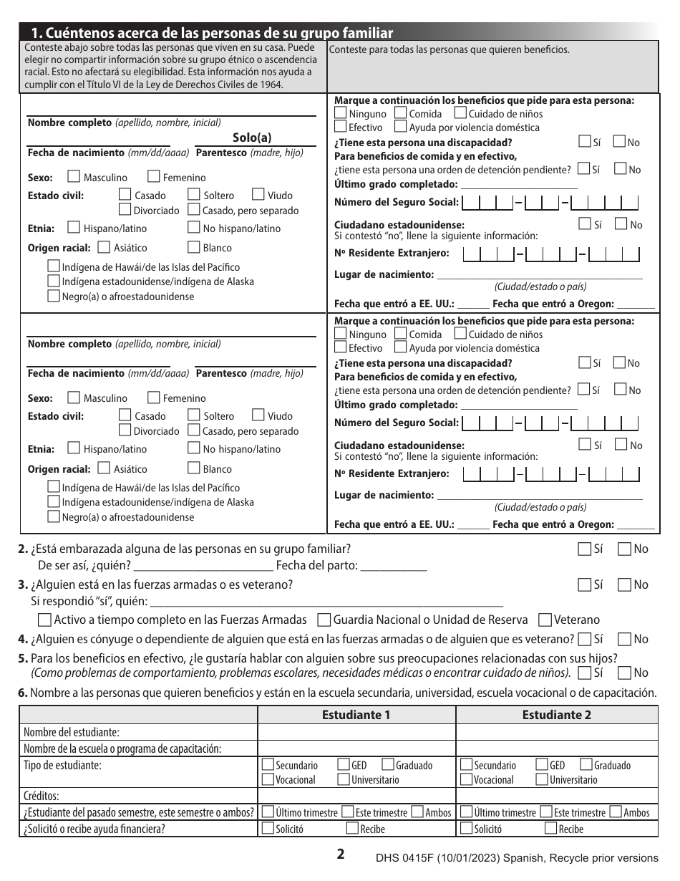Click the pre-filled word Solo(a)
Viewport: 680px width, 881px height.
point(252,138)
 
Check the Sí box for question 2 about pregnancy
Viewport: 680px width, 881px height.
point(585,549)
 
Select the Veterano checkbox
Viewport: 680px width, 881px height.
point(545,620)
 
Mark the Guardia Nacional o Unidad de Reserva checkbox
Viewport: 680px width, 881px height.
point(324,620)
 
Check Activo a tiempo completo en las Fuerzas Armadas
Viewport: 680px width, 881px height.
point(44,620)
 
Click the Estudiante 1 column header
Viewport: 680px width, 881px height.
point(356,715)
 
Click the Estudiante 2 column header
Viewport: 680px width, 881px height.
point(556,715)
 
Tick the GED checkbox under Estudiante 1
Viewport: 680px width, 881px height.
point(343,765)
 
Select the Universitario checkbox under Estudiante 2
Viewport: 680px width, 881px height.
point(542,779)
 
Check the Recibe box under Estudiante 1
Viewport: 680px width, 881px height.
point(352,829)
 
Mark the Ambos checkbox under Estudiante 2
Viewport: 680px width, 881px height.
point(616,812)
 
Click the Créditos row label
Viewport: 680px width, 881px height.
point(42,796)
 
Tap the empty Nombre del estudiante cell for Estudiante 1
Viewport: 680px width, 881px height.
point(356,732)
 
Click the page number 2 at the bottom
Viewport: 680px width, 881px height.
point(341,854)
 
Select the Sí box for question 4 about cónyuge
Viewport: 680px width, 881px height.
point(585,639)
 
